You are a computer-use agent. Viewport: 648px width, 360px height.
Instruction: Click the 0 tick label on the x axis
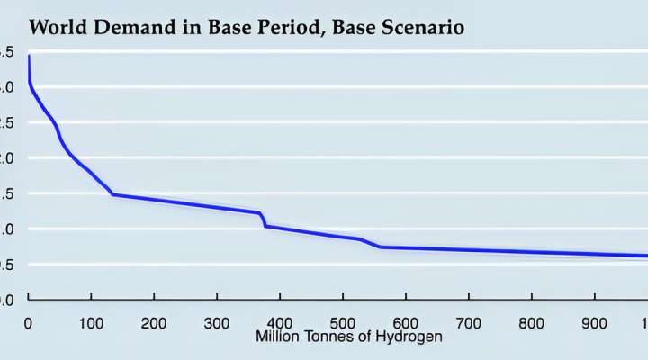point(29,323)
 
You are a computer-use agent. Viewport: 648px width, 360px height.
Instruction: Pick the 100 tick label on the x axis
point(91,323)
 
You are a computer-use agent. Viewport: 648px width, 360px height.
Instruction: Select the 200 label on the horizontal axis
point(154,323)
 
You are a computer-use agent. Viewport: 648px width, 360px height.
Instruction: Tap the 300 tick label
point(217,323)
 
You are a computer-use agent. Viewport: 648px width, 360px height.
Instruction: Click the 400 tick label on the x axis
point(280,323)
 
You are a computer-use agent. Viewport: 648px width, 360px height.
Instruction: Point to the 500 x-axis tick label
point(343,323)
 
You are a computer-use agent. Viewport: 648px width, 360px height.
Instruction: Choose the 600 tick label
point(406,323)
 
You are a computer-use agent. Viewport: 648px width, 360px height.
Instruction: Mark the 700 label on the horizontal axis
point(469,323)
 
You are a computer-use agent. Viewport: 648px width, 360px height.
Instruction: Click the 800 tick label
point(532,323)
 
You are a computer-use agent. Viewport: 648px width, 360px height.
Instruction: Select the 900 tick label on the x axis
point(595,323)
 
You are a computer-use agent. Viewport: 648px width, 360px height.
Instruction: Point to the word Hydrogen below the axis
point(410,337)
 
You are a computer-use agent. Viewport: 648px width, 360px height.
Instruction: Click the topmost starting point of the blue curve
point(29,57)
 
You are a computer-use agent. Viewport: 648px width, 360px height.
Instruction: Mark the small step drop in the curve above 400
point(264,220)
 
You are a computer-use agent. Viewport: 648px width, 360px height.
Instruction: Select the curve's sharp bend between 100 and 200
point(113,193)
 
